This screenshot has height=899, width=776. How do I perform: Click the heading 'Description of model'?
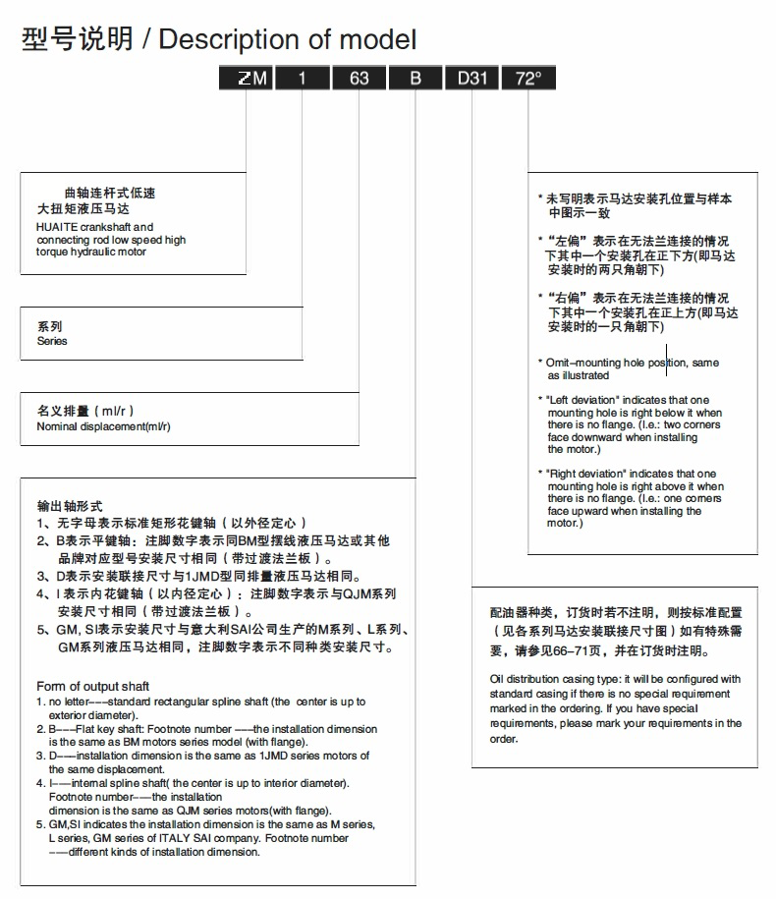coord(288,40)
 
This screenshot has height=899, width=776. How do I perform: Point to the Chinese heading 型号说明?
coord(76,40)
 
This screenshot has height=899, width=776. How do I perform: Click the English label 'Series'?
coord(52,341)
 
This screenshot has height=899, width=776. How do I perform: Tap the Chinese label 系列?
coord(50,326)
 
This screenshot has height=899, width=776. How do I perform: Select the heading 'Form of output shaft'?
coord(93,686)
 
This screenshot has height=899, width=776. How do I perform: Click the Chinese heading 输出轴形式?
coord(70,505)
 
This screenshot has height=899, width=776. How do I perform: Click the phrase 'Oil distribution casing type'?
coord(561,679)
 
